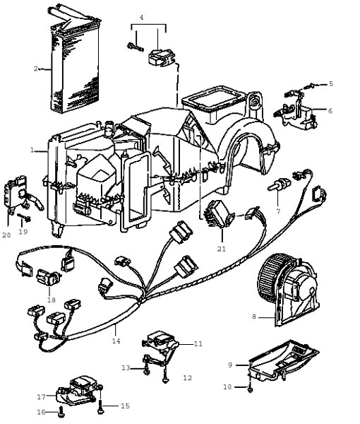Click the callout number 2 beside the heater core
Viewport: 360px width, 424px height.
click(36, 69)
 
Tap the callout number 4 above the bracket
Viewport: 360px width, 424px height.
click(141, 17)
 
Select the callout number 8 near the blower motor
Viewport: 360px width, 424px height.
click(254, 317)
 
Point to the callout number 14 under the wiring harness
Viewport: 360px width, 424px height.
click(116, 341)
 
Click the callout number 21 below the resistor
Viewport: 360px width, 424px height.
click(222, 249)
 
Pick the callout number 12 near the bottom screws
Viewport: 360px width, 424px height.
click(188, 378)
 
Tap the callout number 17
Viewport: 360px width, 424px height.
click(42, 397)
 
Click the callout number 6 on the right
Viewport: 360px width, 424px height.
click(330, 111)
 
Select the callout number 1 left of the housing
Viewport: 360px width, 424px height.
click(32, 150)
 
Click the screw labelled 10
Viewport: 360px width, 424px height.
click(250, 389)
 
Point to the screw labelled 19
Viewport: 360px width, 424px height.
click(24, 217)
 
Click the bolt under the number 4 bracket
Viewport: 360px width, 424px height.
click(135, 47)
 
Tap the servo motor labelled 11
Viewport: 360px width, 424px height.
click(161, 341)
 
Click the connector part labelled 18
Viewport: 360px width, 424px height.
click(49, 278)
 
